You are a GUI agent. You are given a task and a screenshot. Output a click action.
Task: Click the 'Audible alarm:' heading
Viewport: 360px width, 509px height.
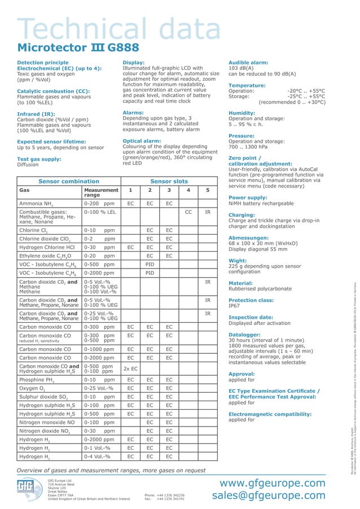(248, 62)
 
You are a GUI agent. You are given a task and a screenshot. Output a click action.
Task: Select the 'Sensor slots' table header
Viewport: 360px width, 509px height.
(169, 181)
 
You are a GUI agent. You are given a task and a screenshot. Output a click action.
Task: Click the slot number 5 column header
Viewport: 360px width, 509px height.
(208, 190)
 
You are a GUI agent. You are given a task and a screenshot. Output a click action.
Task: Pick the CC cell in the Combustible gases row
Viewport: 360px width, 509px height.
(188, 212)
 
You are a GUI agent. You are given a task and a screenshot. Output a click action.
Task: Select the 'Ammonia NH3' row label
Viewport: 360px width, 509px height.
(37, 203)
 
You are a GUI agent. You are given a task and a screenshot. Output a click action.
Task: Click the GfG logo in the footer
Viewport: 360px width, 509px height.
(29, 489)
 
